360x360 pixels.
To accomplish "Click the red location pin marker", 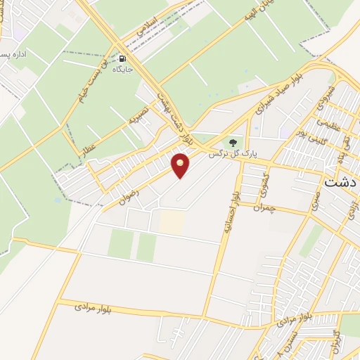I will tap(181, 165).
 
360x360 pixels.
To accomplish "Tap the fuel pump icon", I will tap(124, 59).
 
